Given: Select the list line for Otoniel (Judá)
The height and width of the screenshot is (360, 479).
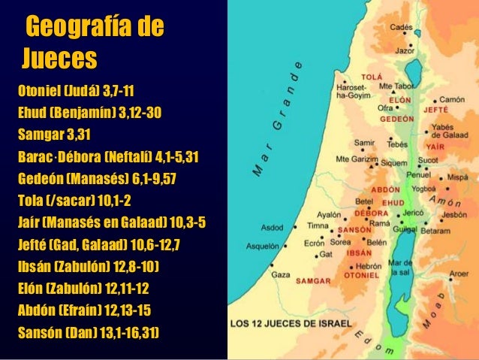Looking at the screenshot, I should (75, 95).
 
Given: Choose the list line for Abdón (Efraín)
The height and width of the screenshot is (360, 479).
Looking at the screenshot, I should (85, 308).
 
